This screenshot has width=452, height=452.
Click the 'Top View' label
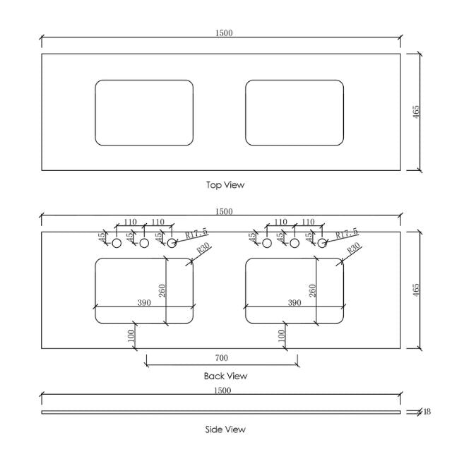click(225, 185)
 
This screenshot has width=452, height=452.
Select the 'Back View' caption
click(225, 376)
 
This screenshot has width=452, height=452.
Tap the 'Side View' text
click(225, 429)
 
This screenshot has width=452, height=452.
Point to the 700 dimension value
click(222, 358)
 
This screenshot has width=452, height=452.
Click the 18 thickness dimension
click(427, 412)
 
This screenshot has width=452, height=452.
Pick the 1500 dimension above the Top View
click(223, 32)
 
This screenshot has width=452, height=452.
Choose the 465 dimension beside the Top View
click(416, 112)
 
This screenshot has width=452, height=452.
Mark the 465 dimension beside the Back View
click(416, 290)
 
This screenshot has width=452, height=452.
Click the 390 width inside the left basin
click(144, 302)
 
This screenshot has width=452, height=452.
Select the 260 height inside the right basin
click(311, 290)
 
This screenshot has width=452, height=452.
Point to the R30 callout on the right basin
click(352, 249)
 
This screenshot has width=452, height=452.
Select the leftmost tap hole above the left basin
click(117, 243)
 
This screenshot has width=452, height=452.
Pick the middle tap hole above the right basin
click(295, 243)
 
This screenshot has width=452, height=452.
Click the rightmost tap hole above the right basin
click(321, 243)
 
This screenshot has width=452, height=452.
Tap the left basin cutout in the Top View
click(144, 112)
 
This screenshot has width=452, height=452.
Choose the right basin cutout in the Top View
click(295, 112)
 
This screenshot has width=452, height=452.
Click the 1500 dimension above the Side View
click(223, 391)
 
